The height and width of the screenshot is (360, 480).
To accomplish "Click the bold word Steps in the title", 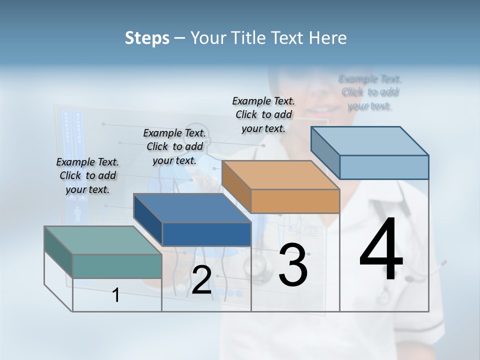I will tap(147, 38).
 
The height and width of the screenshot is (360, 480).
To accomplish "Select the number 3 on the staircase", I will tap(293, 265).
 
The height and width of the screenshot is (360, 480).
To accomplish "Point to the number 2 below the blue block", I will tap(201, 280).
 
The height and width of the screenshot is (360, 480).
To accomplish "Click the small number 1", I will tap(116, 295).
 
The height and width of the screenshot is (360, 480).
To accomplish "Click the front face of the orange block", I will tap(295, 201).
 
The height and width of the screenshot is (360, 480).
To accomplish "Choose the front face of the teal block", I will tap(117, 266).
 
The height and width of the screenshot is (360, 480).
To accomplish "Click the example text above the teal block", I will tap(87, 176).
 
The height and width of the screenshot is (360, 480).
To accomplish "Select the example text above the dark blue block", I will tap(174, 147).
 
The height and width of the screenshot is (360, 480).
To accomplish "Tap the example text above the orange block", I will tap(263, 115).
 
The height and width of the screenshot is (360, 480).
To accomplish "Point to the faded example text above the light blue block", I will tap(370, 92).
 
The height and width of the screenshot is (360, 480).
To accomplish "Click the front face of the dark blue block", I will tap(206, 234).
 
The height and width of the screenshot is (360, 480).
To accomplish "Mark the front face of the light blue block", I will tap(384, 167).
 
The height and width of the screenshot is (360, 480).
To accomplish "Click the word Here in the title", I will tap(327, 38).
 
